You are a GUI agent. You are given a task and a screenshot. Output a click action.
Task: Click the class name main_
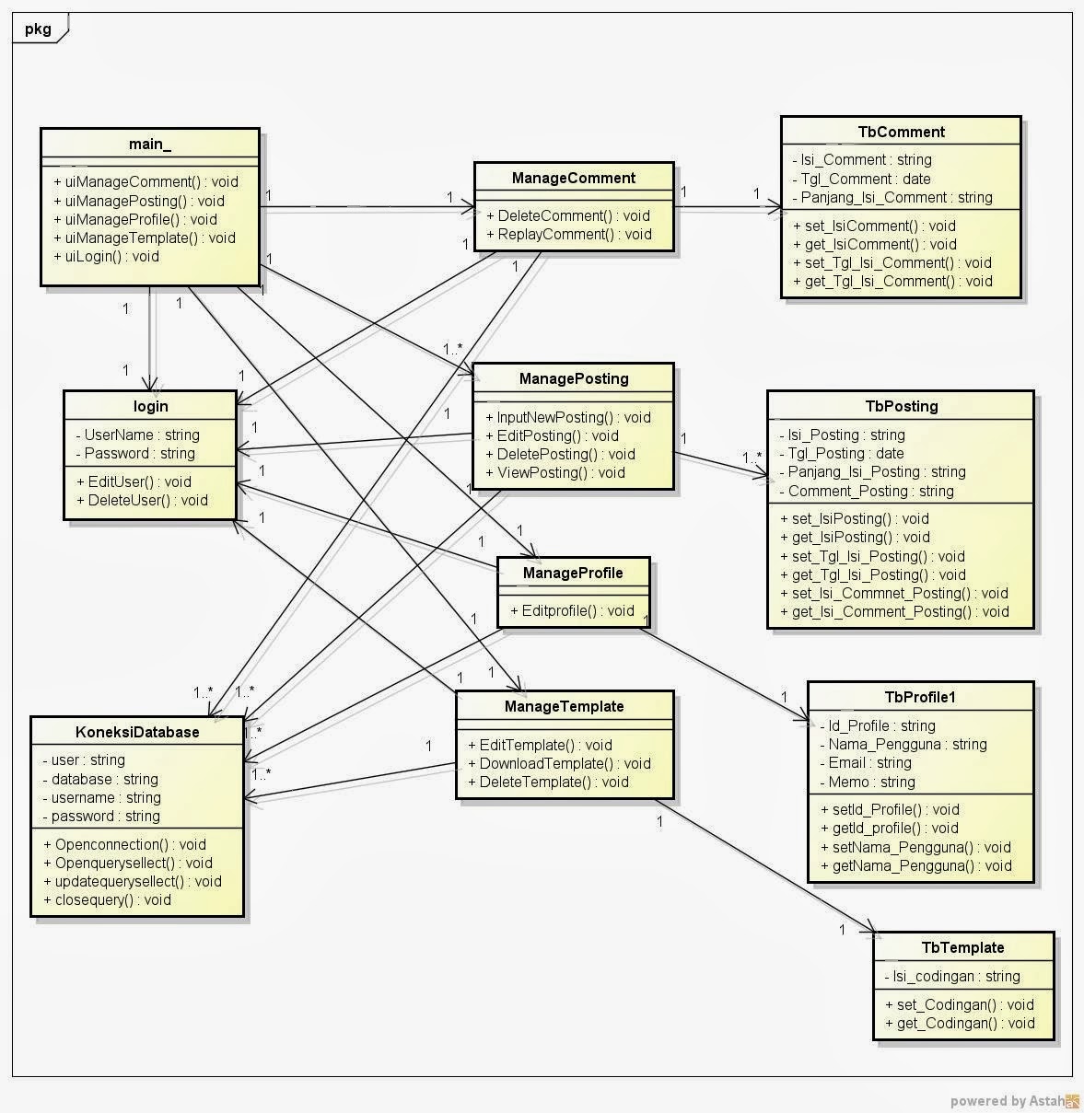point(149,145)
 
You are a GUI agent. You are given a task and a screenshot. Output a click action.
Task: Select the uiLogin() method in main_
point(107,257)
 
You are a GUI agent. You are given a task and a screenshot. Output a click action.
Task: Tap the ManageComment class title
point(573,178)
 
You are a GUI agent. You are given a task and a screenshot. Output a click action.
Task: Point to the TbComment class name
point(901,132)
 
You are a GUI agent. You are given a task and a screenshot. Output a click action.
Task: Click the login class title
point(150,406)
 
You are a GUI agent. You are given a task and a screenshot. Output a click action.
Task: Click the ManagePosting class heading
point(573,378)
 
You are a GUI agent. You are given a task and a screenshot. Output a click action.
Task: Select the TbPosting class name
point(901,406)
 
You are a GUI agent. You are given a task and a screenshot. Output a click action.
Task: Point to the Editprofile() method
point(572,610)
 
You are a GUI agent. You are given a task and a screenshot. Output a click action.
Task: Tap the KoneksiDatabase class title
point(137,732)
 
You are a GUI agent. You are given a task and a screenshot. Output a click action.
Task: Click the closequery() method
point(107,900)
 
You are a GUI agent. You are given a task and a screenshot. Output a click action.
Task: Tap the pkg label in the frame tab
point(38,29)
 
